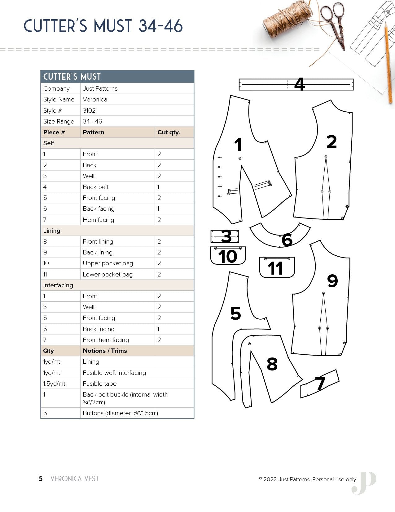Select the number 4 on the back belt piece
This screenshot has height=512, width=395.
299,84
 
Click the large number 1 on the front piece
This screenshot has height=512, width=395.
238,145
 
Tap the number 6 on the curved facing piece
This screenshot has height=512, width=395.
287,240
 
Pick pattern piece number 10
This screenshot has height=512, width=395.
228,255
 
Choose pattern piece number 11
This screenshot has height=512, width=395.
277,267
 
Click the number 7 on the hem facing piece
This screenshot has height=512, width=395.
320,384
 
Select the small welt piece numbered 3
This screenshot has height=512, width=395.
225,236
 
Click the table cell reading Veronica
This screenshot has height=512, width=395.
95,99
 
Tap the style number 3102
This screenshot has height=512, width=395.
89,110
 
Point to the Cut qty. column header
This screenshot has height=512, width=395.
169,132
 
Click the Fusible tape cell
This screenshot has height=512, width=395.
100,384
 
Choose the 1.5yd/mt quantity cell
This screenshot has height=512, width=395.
54,384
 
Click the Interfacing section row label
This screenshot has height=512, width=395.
58,285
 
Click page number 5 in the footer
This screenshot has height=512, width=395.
41,479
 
